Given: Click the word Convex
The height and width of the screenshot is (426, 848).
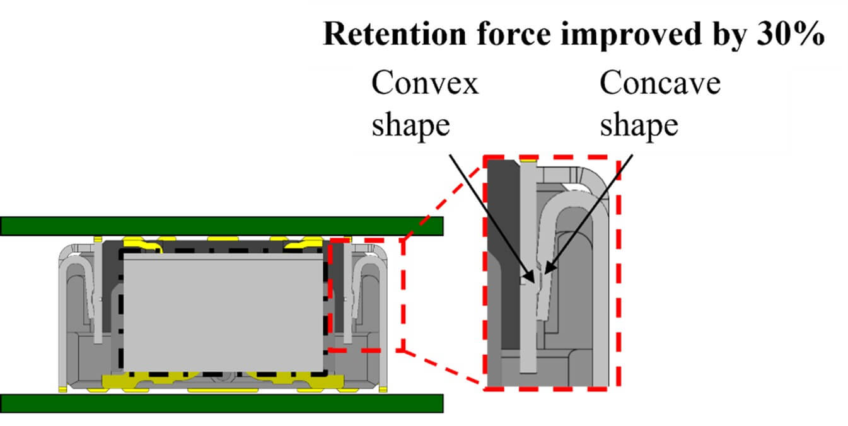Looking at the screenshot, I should pyautogui.click(x=425, y=83).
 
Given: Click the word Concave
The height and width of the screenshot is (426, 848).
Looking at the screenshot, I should pyautogui.click(x=659, y=83).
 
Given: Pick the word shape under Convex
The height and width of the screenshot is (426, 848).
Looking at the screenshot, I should pyautogui.click(x=410, y=124).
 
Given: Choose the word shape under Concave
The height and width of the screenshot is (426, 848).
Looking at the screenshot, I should pyautogui.click(x=639, y=124).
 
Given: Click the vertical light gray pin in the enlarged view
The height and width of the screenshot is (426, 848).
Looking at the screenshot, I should pyautogui.click(x=528, y=315).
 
